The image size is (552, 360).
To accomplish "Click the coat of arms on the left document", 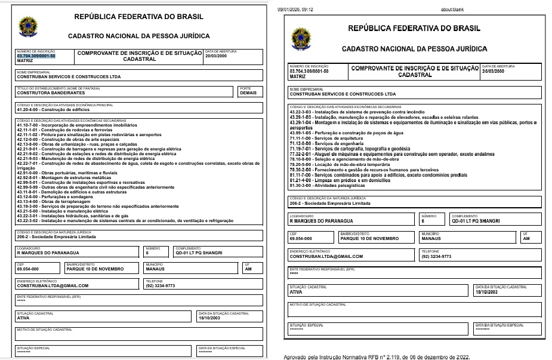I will pyautogui.click(x=27, y=26).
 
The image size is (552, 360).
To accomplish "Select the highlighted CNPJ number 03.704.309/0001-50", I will pyautogui.click(x=36, y=56).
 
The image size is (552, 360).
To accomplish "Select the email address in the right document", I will pyautogui.click(x=326, y=257).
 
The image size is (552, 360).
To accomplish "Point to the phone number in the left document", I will pyautogui.click(x=161, y=285).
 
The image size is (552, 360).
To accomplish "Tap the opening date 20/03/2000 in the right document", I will pyautogui.click(x=494, y=71).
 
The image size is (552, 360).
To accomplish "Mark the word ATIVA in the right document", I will pyautogui.click(x=295, y=292).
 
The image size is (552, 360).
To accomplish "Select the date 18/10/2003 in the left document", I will pyautogui.click(x=209, y=318).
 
